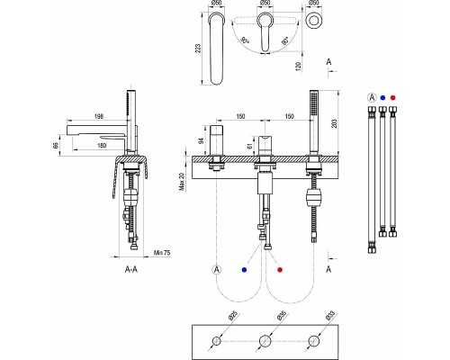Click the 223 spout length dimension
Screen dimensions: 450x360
[x=198, y=49]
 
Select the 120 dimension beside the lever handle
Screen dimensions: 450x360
[x=298, y=67]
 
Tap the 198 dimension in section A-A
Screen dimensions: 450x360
[x=99, y=116]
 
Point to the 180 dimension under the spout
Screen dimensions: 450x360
[x=102, y=146]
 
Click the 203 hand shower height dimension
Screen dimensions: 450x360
[x=335, y=123]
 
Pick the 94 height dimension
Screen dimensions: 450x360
[x=202, y=140]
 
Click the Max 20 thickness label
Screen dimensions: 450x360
[x=182, y=181]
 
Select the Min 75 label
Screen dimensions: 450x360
[x=162, y=253]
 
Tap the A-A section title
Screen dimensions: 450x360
[x=131, y=269]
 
